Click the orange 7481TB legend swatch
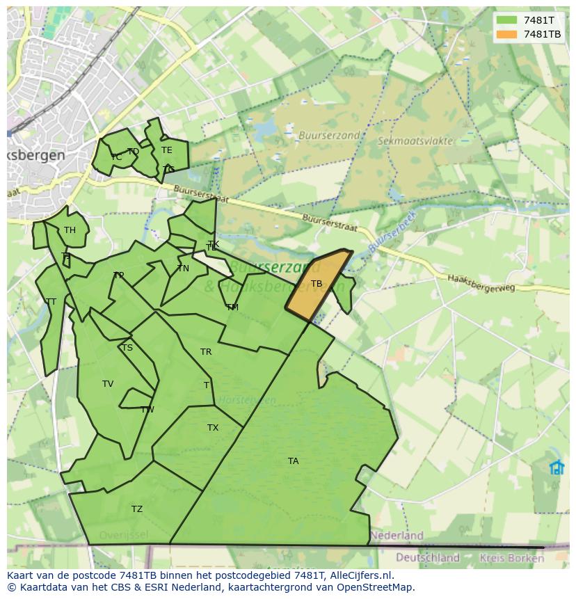(506, 34)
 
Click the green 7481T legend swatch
(506, 20)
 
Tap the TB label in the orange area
(317, 284)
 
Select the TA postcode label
(293, 461)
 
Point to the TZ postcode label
(137, 509)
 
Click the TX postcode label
(213, 428)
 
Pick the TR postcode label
(206, 352)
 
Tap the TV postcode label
(108, 384)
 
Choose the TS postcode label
(127, 348)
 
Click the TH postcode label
(70, 230)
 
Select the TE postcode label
(167, 150)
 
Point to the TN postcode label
(183, 269)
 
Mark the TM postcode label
(232, 307)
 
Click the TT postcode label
(51, 302)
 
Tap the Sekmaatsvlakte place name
(415, 141)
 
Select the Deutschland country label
(427, 557)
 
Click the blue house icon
(557, 467)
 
